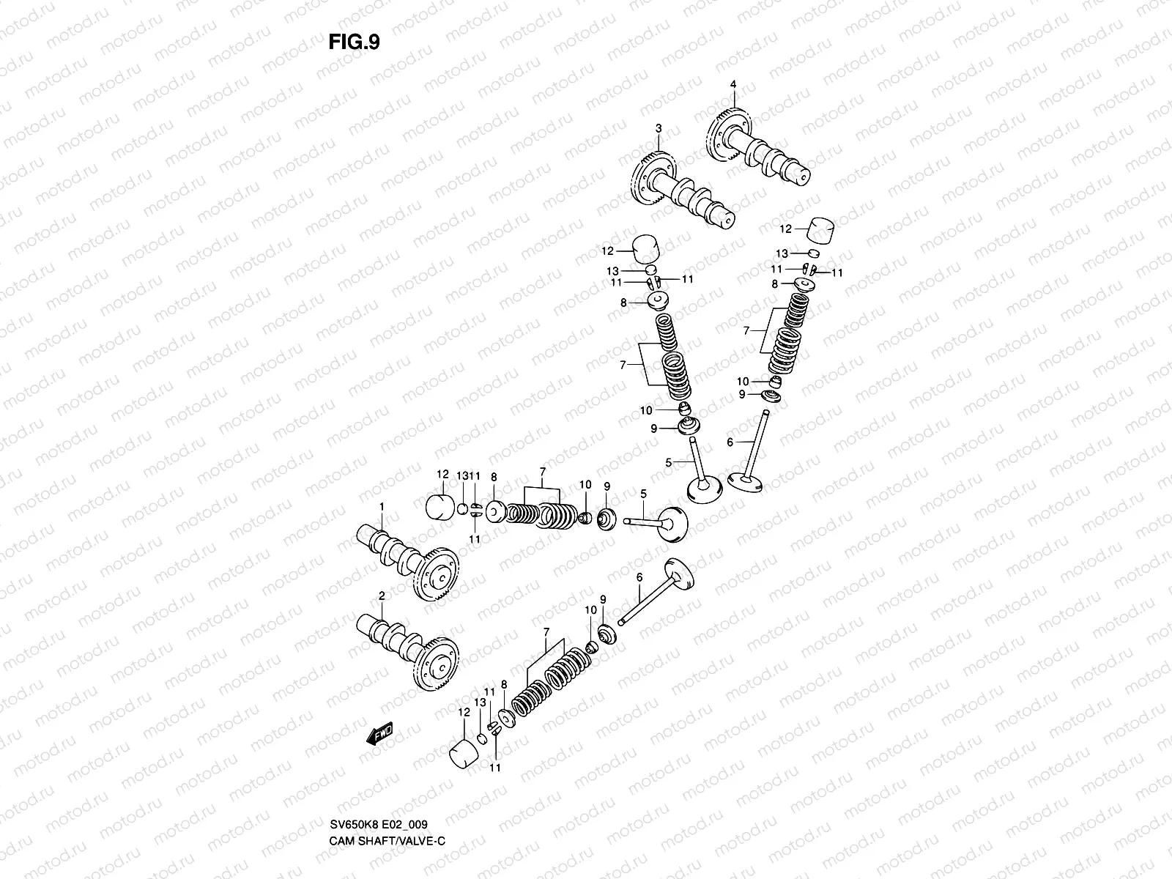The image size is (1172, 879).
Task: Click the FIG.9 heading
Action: (354, 42)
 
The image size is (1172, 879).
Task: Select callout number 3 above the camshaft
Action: (658, 129)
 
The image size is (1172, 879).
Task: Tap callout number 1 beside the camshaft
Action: (381, 507)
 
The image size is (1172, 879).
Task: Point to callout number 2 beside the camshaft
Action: (381, 596)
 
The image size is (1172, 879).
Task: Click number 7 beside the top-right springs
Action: (746, 331)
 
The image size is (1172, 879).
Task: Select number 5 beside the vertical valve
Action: (668, 462)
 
